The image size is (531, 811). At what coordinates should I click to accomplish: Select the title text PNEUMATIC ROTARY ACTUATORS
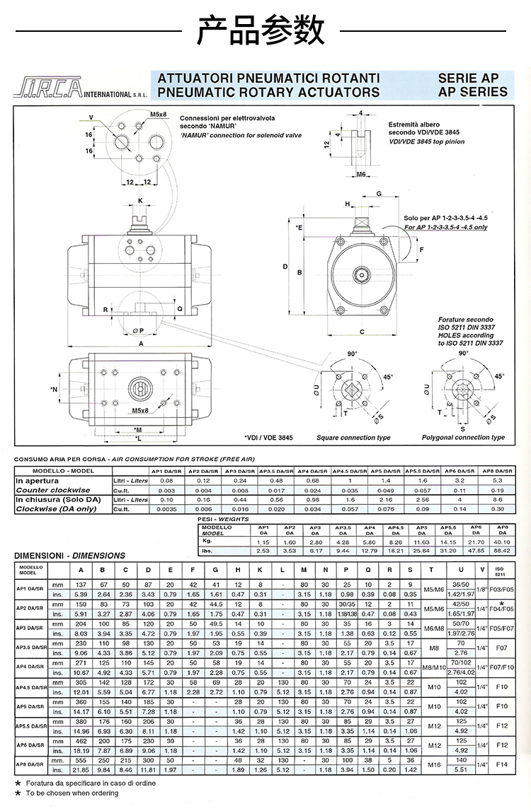point(268,92)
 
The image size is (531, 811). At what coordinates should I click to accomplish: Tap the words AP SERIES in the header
point(472,92)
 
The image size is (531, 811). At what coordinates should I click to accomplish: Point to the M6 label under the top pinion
point(360,173)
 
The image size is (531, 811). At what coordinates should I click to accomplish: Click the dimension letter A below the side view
point(141,344)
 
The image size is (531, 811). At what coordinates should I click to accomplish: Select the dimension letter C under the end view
point(361,332)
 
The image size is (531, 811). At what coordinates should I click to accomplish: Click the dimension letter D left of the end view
point(285,267)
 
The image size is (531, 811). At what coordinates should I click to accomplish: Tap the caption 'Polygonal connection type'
point(463,438)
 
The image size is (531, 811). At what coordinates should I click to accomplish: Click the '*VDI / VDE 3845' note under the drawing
point(268,438)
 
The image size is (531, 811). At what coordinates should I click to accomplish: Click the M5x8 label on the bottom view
point(139,410)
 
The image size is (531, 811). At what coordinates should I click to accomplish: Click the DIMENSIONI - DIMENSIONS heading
point(69,556)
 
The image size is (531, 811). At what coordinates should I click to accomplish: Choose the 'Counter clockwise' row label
point(53,489)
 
